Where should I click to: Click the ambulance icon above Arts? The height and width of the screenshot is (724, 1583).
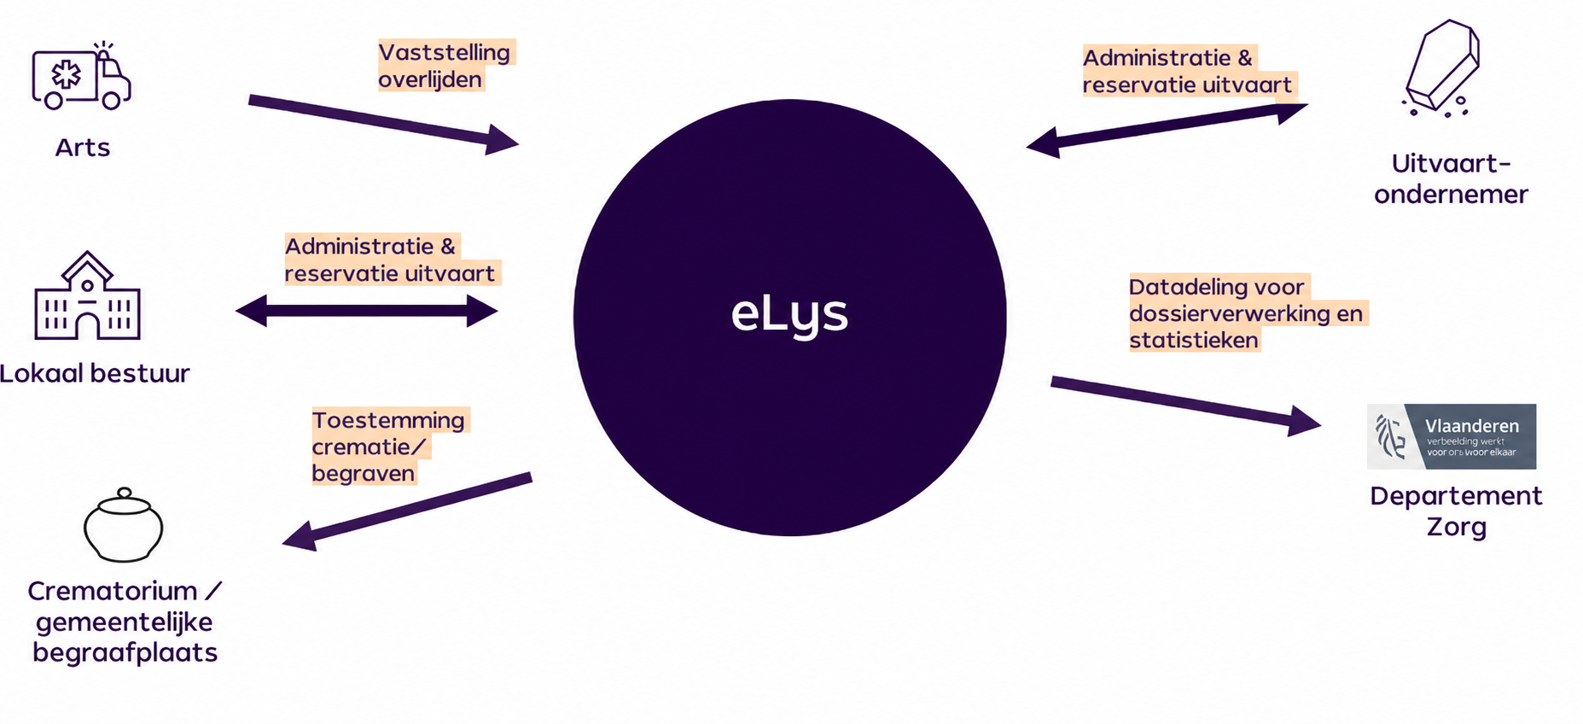point(81,76)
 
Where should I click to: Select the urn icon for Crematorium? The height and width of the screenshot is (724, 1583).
point(123,525)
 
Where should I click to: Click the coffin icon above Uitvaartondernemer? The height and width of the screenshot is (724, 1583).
point(1441,67)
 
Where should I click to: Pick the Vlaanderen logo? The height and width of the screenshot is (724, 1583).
point(1452,436)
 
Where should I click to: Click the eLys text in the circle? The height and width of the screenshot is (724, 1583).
point(789,314)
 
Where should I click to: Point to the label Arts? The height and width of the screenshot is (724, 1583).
point(83,148)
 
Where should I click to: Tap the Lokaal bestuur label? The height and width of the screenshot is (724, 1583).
point(95,373)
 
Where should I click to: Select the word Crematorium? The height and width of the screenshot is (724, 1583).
point(113,591)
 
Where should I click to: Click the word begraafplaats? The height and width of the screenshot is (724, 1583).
point(125,653)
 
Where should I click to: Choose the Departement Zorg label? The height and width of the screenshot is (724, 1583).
point(1456,511)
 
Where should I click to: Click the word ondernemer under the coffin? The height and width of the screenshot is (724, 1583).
point(1451,195)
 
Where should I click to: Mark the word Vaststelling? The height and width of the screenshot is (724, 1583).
point(445,52)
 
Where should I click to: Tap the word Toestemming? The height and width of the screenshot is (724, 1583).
point(388,421)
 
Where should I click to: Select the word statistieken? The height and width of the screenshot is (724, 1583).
point(1194,340)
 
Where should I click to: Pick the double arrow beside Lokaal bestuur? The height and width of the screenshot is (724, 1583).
point(367,311)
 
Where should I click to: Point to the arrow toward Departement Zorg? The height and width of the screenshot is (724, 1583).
point(1186,403)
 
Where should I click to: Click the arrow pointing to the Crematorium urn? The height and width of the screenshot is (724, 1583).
point(407,511)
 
